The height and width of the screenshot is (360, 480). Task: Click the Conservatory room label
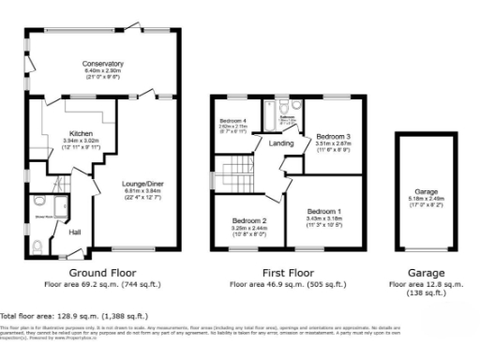[103, 64]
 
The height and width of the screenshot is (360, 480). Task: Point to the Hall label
[74, 231]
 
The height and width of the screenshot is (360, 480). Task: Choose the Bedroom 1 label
[324, 211]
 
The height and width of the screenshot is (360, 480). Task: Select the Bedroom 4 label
[232, 120]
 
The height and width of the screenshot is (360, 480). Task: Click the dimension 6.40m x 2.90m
[103, 70]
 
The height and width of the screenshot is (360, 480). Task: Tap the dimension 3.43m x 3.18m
[324, 217]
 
